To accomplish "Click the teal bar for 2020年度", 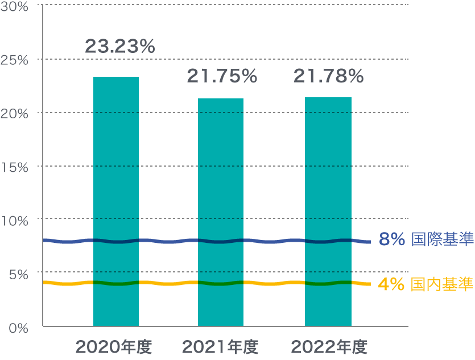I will (116, 201).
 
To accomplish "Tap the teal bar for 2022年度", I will (328, 212).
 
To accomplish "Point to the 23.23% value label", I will (120, 47).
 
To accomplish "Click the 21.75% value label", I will (222, 76).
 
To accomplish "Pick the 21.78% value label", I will (328, 76).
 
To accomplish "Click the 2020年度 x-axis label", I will (114, 346).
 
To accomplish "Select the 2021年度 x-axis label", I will (221, 346).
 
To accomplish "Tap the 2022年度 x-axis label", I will (329, 346).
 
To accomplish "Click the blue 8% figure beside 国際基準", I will (391, 240).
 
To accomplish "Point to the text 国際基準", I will (442, 240).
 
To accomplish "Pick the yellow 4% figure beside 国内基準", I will (391, 283).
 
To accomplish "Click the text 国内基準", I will (442, 283).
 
